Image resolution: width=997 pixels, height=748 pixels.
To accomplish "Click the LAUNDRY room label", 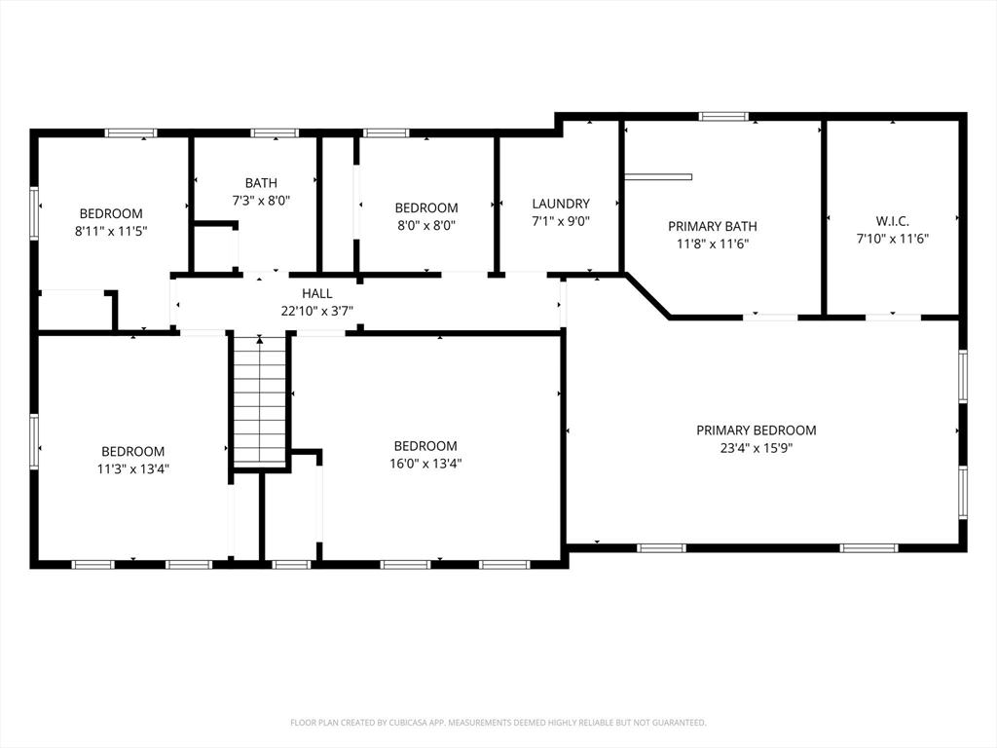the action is coord(561,204).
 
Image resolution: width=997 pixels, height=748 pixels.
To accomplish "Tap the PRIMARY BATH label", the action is coord(712,226).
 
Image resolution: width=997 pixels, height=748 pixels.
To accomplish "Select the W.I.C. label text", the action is coord(892,221).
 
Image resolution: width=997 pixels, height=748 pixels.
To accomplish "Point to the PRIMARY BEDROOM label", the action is coord(756,430).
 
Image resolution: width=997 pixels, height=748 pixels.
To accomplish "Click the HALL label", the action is coord(316,293).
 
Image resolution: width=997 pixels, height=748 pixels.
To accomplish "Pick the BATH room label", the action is coord(261,183).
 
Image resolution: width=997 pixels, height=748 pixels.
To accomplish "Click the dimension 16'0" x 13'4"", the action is coord(425,463).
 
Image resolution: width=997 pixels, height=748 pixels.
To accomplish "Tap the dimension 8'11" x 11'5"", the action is coord(111,231).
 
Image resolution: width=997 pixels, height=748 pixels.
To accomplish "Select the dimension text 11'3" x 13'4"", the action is coord(132,468).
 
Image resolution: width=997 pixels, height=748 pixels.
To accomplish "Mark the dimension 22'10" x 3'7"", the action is coord(316,311).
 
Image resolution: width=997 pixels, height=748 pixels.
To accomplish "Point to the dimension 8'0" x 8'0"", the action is coord(426,225).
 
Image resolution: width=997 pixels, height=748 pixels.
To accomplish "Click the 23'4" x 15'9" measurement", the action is coord(756,448).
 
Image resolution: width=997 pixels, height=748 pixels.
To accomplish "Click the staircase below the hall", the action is coord(259,400).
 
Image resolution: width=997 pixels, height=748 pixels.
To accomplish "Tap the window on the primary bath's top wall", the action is coord(723,117).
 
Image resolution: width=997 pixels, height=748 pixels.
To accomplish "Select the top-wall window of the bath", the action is coord(274,132).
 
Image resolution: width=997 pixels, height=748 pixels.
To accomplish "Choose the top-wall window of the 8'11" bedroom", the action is coord(130,132).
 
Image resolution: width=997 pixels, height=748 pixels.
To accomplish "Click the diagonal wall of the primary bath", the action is coord(647,295).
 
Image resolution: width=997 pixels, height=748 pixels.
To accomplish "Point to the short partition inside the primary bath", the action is coord(658,177).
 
